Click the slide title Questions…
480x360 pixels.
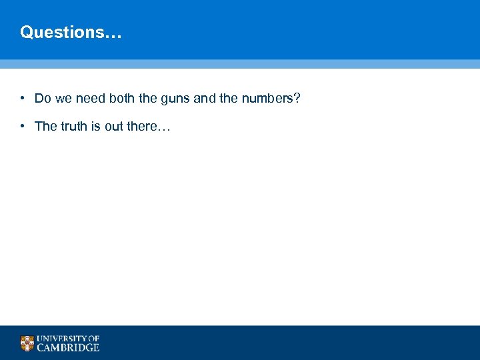(71, 32)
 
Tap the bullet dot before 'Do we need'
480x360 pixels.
(22, 99)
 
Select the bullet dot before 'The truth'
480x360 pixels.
(22, 126)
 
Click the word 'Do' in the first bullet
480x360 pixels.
(43, 99)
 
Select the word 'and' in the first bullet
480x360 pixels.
(205, 99)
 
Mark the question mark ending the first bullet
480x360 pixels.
(297, 99)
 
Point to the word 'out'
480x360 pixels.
(115, 126)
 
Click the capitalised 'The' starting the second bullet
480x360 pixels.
(46, 126)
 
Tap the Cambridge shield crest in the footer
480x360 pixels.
(27, 343)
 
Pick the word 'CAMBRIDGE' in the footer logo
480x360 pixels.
(68, 347)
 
